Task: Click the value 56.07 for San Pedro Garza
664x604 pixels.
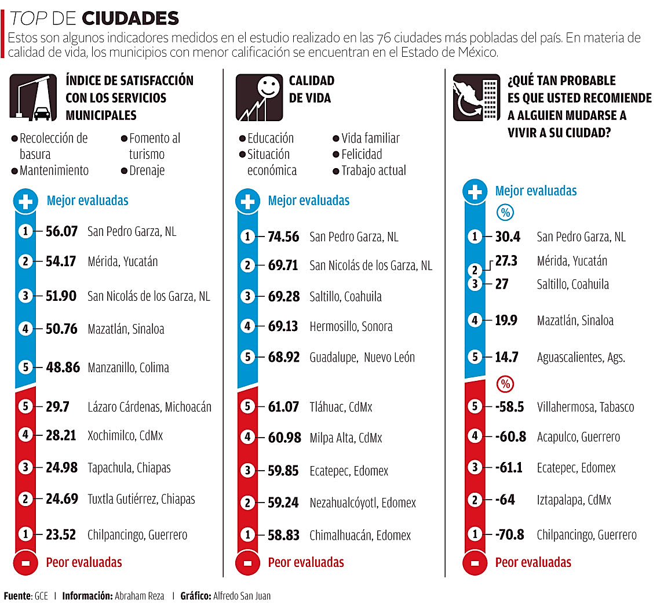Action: click(61, 231)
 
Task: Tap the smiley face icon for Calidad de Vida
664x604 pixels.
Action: click(259, 97)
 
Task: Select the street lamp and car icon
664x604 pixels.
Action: click(33, 97)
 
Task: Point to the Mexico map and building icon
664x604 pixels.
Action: click(476, 97)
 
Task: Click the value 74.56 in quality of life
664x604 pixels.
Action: click(283, 236)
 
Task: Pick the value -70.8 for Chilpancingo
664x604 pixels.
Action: click(509, 534)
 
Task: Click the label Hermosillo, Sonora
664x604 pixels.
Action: click(351, 326)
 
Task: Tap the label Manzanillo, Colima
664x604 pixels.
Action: click(128, 368)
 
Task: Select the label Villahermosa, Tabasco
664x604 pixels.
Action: click(586, 407)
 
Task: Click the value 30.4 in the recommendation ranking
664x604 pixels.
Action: click(508, 236)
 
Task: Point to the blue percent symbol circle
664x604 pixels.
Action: click(505, 212)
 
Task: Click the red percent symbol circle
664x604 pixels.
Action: click(505, 384)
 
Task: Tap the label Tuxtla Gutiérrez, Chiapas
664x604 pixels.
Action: click(141, 499)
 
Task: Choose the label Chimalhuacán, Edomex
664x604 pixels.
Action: click(360, 536)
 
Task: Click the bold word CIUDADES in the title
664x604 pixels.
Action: click(130, 18)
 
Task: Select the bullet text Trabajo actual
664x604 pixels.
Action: click(374, 170)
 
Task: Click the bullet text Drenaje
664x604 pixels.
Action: click(147, 170)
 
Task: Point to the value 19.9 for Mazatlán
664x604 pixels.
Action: click(506, 320)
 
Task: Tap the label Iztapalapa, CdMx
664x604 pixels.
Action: click(574, 500)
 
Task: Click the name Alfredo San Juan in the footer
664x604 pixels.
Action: click(242, 596)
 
